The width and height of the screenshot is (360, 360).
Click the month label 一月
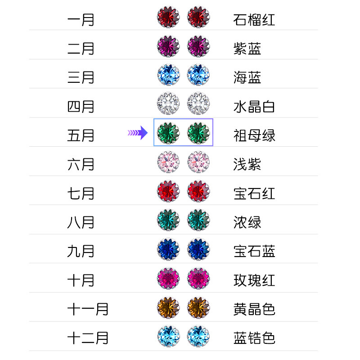[x=81, y=20]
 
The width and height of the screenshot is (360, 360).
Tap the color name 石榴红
[x=254, y=20]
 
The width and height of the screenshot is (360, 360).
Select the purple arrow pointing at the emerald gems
[x=138, y=133]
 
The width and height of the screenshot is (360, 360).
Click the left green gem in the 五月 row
[x=168, y=133]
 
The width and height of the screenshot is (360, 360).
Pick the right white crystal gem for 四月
[x=198, y=103]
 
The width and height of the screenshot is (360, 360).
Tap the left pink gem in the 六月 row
[x=168, y=162]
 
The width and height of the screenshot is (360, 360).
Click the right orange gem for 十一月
[x=198, y=307]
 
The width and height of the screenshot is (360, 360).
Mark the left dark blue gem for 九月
[x=168, y=250]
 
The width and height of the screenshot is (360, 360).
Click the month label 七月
[x=81, y=193]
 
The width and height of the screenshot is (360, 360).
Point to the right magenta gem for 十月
[x=198, y=279]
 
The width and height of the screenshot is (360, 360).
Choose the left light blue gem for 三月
[x=168, y=75]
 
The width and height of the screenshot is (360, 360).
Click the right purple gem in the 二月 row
[x=198, y=46]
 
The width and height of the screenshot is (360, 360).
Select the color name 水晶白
[x=254, y=107]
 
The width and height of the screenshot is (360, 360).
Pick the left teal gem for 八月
[x=168, y=220]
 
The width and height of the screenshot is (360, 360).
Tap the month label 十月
[x=81, y=280]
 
